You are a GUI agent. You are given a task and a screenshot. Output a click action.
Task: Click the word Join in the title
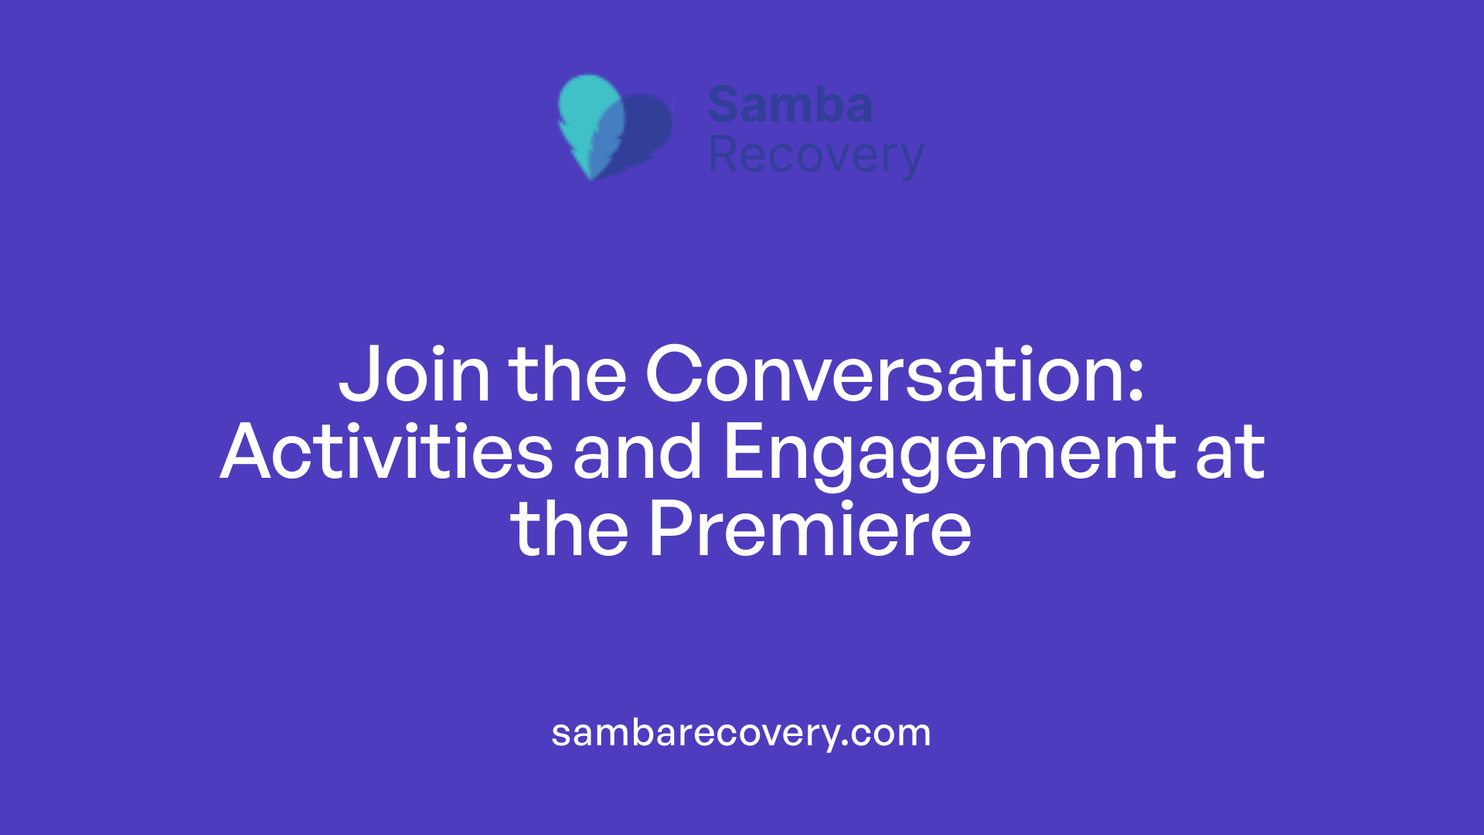point(414,375)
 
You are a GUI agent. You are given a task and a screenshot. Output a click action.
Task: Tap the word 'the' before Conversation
point(567,375)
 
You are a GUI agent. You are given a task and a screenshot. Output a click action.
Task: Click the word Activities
point(386,452)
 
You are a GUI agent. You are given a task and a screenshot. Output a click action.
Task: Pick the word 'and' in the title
point(637,452)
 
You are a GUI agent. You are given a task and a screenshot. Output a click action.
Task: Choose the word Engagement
point(949,452)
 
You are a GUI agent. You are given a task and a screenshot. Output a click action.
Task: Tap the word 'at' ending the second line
point(1230,452)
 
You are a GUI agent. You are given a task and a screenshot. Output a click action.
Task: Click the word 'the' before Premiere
point(570,530)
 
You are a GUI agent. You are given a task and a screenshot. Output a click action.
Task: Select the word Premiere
point(810,530)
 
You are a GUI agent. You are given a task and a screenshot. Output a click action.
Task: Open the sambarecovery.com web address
point(741,733)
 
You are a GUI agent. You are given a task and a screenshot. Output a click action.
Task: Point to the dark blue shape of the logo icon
point(648,128)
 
